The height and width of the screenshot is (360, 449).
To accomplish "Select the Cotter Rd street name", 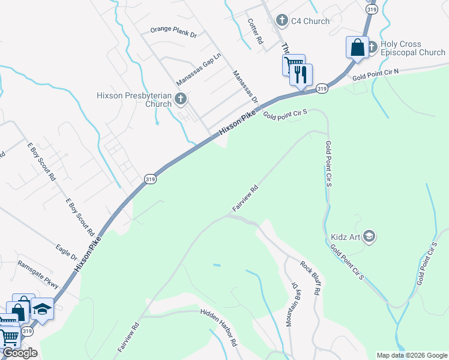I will (x=256, y=31).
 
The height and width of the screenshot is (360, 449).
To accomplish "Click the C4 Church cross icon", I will (x=282, y=21).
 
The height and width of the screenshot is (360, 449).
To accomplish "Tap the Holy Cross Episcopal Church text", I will (x=412, y=48).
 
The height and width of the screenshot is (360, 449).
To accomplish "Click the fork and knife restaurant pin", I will (x=301, y=75).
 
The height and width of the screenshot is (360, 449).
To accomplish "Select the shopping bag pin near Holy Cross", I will (x=358, y=47).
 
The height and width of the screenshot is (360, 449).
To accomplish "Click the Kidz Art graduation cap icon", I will (x=370, y=236).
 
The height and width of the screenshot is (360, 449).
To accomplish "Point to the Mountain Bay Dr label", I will (x=292, y=304).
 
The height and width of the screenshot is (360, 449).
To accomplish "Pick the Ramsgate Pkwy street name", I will (x=37, y=274).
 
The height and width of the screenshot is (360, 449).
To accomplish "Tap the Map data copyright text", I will (x=411, y=355).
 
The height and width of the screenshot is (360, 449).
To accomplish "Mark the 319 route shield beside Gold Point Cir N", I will (x=322, y=89).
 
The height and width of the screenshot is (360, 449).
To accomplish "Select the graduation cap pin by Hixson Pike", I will (x=42, y=309).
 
